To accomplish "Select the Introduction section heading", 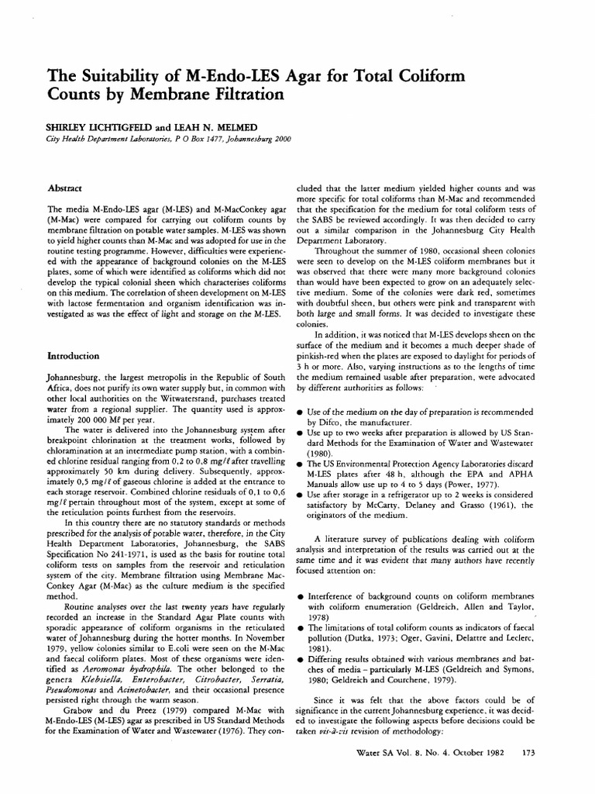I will click(x=73, y=356).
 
